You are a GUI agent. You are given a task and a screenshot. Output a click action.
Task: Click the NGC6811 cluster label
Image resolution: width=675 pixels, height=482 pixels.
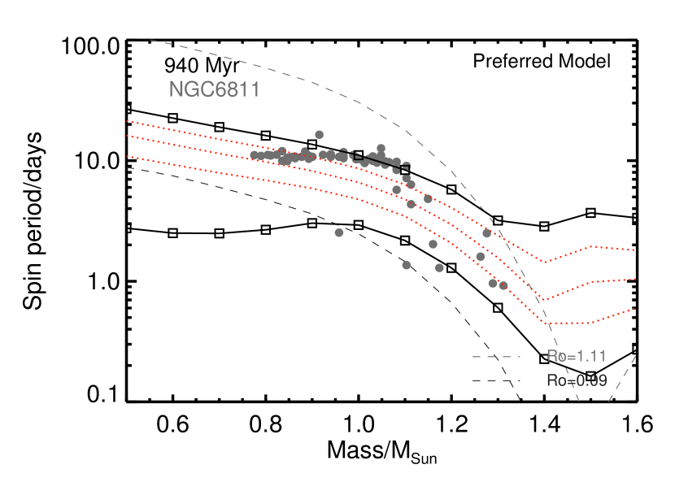tap(215, 90)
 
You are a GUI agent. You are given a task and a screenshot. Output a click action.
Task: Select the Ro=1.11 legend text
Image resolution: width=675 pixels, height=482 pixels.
tap(576, 356)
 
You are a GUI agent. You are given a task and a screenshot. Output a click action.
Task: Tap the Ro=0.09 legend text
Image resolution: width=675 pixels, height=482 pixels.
tap(576, 380)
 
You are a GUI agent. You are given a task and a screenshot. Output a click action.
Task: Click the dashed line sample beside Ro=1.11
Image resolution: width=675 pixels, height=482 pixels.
tap(495, 357)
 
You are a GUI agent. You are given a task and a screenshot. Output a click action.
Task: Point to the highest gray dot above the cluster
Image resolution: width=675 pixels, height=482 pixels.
tap(319, 135)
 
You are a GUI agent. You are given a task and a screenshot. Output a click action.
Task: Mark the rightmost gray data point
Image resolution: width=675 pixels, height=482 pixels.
tap(503, 285)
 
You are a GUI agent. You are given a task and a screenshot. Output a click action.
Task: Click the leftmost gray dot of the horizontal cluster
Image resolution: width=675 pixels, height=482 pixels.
tap(254, 155)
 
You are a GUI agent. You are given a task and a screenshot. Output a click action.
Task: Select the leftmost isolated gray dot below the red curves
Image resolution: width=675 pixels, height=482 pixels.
tap(339, 232)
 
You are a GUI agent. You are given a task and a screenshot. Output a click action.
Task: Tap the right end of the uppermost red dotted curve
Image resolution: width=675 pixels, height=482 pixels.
tap(634, 250)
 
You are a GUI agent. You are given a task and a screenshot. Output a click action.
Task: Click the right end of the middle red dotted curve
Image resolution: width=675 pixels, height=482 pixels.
tap(634, 279)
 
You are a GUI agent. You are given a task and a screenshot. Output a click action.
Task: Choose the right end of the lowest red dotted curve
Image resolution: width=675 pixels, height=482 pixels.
tap(634, 309)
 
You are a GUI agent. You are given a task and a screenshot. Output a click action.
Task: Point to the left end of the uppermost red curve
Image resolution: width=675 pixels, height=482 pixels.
tap(128, 121)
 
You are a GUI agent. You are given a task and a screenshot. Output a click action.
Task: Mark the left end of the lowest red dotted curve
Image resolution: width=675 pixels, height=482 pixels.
tap(128, 157)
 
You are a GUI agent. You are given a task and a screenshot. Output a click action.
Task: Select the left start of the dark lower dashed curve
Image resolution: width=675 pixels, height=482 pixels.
tap(128, 167)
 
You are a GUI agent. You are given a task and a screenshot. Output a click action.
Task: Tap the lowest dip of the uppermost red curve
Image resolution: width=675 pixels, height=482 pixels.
tap(546, 263)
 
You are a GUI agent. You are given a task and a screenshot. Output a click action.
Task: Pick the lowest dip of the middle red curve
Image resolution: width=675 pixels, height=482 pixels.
tap(543, 300)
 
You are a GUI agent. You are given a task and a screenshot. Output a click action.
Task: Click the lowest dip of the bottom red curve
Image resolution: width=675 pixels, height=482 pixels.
tap(561, 323)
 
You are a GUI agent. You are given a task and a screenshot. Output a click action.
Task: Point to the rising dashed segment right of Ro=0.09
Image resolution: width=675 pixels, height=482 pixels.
tap(621, 377)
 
